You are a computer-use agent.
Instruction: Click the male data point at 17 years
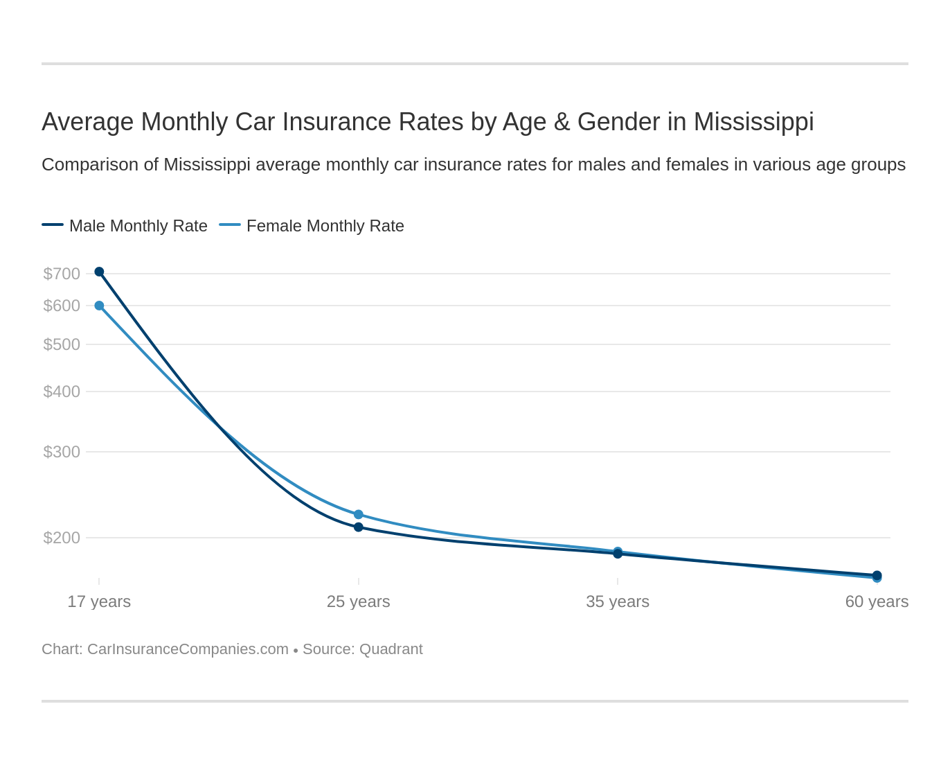point(99,272)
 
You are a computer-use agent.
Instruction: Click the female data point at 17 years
point(99,306)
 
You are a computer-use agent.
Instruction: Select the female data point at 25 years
point(359,514)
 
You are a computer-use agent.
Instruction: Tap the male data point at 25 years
point(359,527)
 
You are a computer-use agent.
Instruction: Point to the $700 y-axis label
point(62,274)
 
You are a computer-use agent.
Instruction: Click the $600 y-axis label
point(62,306)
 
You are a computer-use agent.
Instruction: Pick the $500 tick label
point(62,344)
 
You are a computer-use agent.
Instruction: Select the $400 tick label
point(62,392)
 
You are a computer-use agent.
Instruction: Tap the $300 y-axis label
point(62,452)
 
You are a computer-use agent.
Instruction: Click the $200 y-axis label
point(62,538)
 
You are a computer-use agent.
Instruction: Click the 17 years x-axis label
point(99,601)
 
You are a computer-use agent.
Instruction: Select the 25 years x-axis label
point(359,601)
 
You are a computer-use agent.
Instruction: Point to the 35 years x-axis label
point(618,601)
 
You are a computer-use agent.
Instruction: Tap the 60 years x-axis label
point(877,601)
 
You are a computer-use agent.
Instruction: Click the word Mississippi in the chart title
point(753,122)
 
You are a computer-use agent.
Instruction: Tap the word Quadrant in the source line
point(391,649)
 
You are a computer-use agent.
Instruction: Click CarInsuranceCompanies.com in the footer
point(188,649)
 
